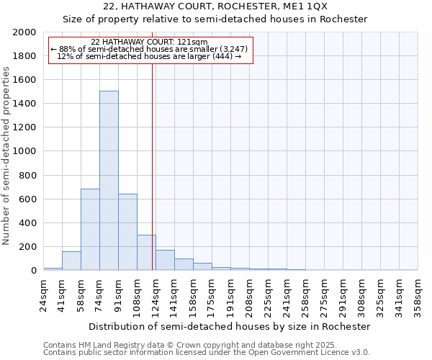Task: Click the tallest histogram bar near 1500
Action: [x=109, y=180]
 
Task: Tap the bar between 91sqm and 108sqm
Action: [x=127, y=232]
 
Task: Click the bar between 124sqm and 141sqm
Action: [x=165, y=260]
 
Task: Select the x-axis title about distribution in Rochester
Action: [x=230, y=326]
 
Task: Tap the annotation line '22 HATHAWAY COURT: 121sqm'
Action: [x=149, y=42]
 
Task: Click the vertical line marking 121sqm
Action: [x=153, y=166]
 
